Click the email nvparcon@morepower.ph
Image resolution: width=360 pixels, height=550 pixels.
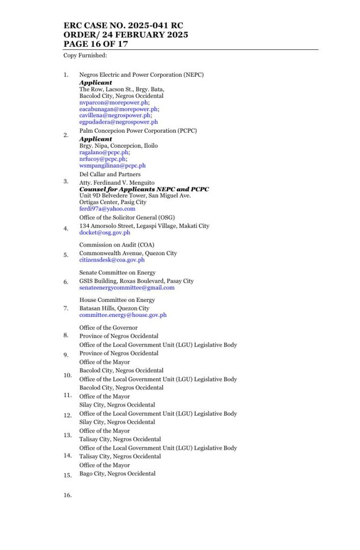coord(113,102)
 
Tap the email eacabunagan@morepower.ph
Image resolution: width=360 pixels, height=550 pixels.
coord(119,108)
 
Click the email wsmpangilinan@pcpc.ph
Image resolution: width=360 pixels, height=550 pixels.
coord(112,165)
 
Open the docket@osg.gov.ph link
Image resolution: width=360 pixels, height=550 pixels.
coord(105,233)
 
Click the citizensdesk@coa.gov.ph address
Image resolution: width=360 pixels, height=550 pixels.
coord(112,260)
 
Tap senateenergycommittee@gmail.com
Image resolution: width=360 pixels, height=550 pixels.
coord(127,287)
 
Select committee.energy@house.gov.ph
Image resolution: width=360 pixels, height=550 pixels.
coord(123,315)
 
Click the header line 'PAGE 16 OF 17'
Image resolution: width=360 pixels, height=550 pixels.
coord(96,44)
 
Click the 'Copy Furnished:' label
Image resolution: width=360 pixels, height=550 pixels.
coord(85,55)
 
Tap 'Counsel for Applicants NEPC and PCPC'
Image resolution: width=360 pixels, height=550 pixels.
coord(144,189)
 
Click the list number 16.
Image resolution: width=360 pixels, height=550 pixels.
coord(68,495)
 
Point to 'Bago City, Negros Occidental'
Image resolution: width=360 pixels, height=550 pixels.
coord(117,474)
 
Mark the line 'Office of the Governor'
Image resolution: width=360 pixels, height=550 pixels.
coord(109,328)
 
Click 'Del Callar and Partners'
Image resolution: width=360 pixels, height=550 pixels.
coord(110,174)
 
